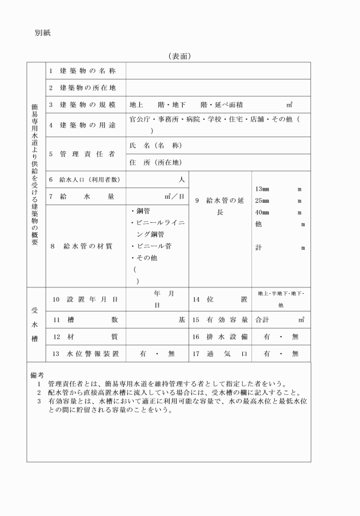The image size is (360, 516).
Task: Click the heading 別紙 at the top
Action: tap(43, 33)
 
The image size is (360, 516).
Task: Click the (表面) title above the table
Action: tap(179, 56)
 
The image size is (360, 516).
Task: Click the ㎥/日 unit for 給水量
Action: tap(174, 196)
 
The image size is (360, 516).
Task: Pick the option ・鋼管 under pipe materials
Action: tap(140, 211)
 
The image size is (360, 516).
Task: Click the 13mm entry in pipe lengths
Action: tap(262, 189)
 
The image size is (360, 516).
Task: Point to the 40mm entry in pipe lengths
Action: tap(262, 213)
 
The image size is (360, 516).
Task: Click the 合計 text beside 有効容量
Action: tap(262, 320)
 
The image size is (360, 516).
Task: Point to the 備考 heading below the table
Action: tap(37, 375)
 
